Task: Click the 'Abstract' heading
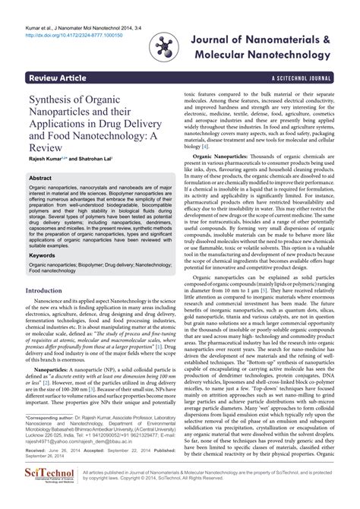tap(39, 177)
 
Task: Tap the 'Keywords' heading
tap(42, 255)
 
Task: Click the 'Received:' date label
tap(39, 451)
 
